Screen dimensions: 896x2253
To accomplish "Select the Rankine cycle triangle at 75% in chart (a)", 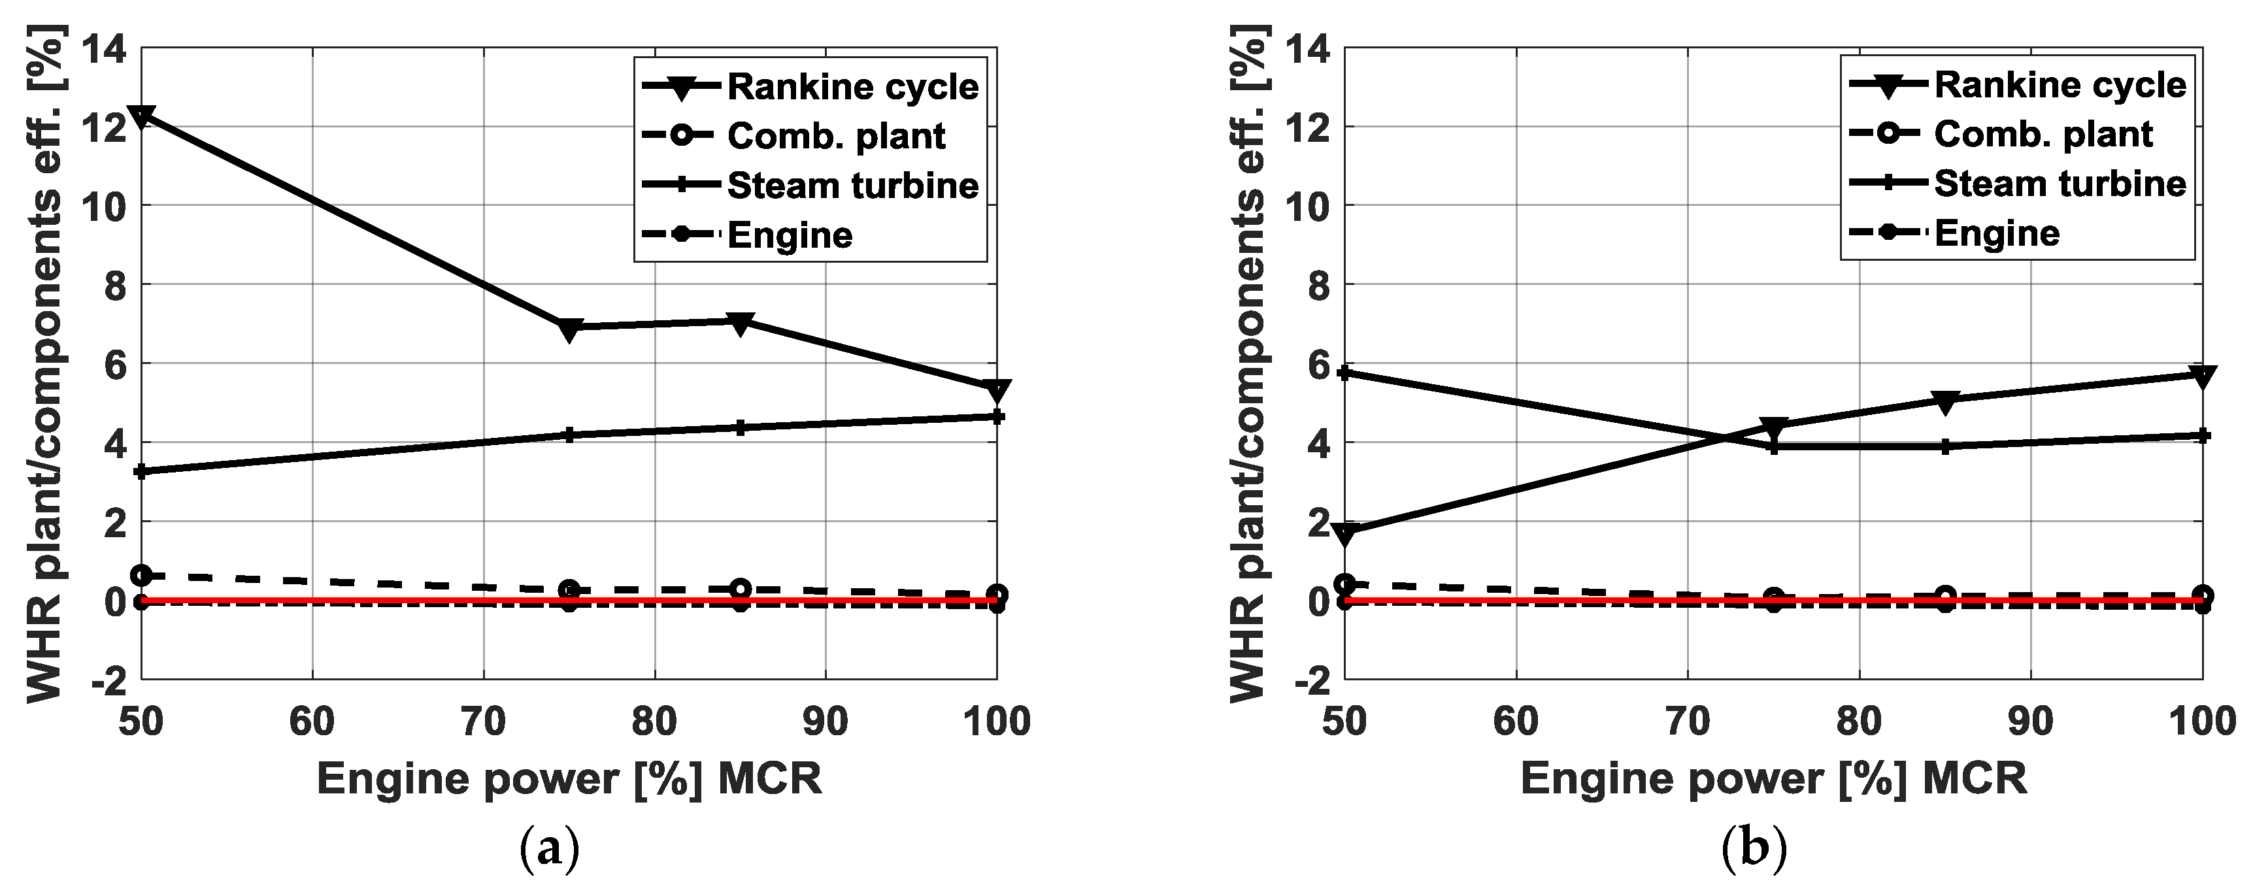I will (569, 329).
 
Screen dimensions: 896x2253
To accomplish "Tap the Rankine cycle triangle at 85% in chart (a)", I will (741, 324).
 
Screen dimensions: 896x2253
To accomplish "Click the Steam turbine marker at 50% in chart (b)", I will (1345, 373).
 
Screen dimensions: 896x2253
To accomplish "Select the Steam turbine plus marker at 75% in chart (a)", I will (569, 435).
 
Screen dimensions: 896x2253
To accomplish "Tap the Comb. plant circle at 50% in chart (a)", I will (142, 575).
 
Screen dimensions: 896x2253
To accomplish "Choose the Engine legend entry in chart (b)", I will (1997, 233).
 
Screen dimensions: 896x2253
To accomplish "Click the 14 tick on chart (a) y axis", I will (103, 48).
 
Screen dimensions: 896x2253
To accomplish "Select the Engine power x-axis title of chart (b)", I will (1774, 778).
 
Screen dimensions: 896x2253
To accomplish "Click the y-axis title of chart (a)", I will (44, 363).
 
